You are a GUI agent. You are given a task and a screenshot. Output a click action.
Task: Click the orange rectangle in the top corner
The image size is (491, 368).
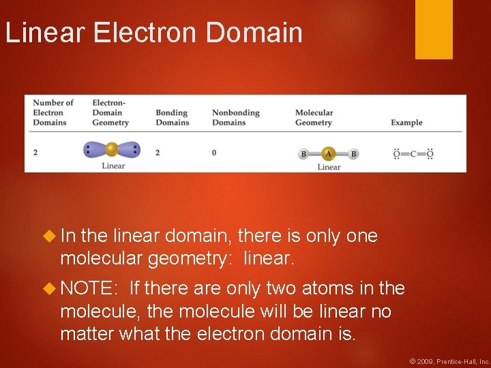click(434, 29)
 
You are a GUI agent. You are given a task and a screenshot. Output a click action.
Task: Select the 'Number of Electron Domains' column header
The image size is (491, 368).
click(50, 112)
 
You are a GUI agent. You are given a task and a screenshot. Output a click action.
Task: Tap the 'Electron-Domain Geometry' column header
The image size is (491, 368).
click(110, 112)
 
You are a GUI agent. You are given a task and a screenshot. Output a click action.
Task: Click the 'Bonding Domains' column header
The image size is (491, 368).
click(172, 117)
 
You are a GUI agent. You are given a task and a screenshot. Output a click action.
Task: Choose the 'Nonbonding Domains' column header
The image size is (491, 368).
click(235, 117)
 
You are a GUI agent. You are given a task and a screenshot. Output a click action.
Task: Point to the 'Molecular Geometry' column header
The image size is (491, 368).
click(314, 117)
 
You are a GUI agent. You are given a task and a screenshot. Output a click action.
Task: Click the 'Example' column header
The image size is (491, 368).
click(406, 123)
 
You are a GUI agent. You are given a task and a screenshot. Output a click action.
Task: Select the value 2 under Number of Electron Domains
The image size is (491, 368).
click(35, 152)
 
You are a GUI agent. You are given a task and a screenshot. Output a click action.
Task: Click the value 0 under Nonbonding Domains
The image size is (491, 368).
click(214, 152)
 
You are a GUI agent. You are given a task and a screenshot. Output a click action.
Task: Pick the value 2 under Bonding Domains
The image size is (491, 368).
click(158, 152)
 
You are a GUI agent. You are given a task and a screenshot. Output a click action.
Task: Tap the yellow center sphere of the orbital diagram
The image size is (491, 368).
click(112, 149)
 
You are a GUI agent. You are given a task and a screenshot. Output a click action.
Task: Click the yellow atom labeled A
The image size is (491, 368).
click(328, 153)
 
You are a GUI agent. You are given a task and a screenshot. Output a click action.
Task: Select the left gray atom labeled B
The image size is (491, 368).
click(303, 154)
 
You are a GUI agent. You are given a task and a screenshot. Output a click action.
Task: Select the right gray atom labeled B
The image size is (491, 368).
click(353, 154)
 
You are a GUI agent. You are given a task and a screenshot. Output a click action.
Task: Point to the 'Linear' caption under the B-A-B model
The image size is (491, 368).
click(329, 166)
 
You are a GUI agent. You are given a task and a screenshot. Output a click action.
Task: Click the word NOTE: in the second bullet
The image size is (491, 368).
click(87, 288)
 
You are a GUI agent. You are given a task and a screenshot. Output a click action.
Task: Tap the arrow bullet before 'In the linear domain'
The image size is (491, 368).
click(48, 236)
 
